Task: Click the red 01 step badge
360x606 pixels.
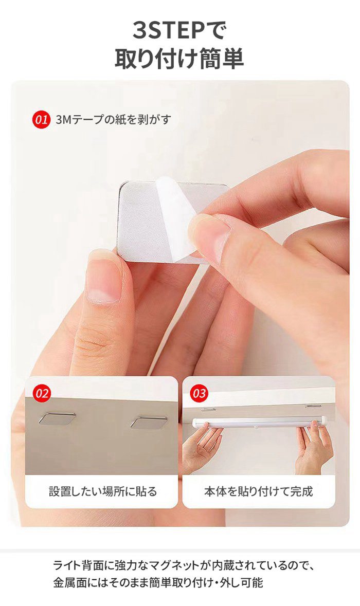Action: click(x=41, y=119)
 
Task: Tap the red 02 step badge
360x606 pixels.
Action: click(x=42, y=393)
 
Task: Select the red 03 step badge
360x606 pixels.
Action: click(x=199, y=393)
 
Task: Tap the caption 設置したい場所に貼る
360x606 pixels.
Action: click(x=103, y=491)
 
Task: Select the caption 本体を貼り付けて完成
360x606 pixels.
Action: click(x=258, y=491)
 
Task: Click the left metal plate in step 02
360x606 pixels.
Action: click(x=57, y=418)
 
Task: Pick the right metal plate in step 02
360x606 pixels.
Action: click(x=149, y=422)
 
